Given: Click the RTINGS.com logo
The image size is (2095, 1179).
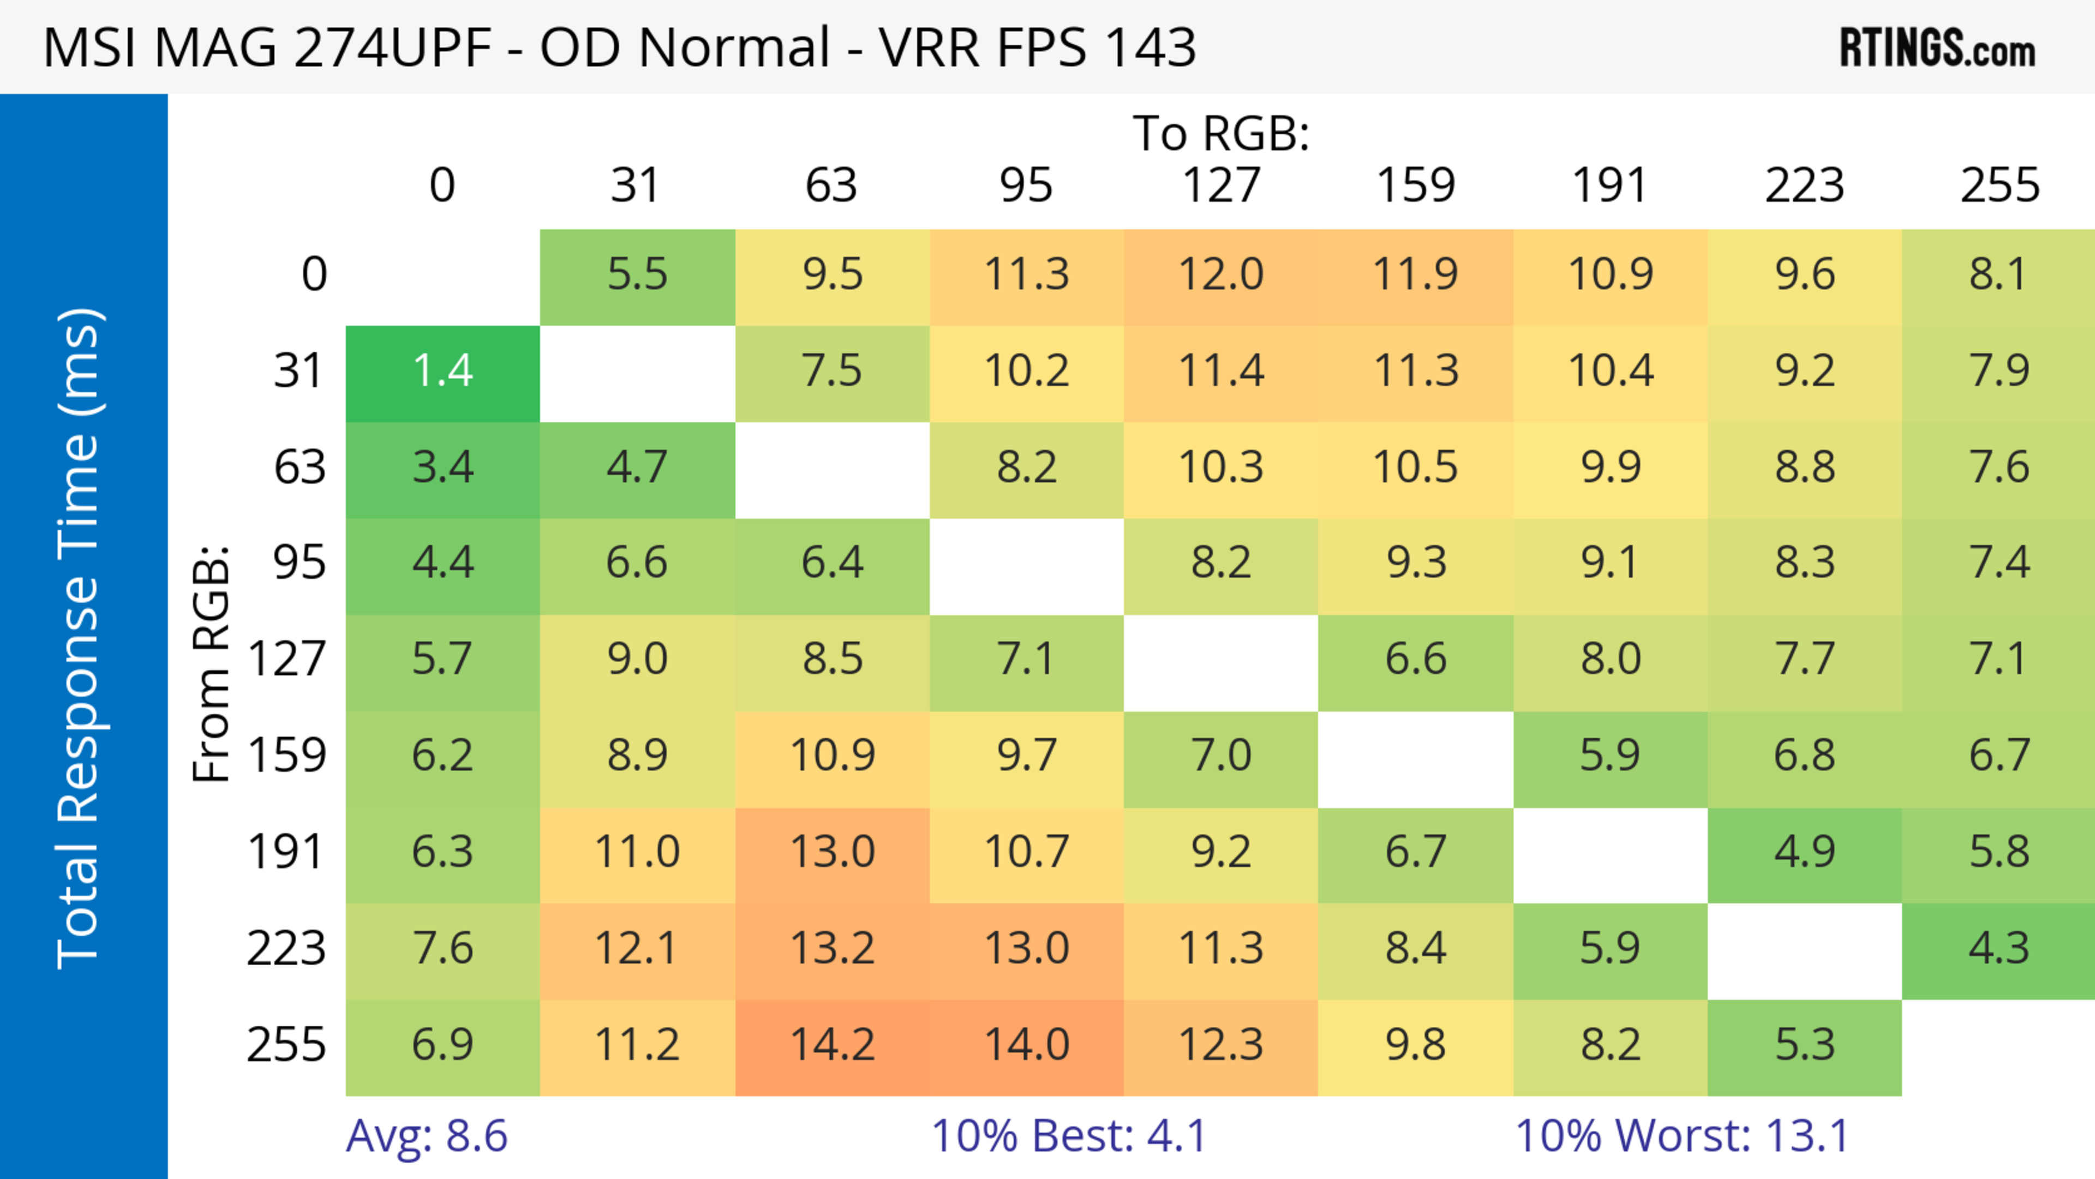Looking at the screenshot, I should click(1937, 48).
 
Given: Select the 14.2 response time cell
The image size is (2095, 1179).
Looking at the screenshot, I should click(832, 1046).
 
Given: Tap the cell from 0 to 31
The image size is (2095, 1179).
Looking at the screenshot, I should click(637, 276).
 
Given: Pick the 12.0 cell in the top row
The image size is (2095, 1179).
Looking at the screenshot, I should click(1221, 276).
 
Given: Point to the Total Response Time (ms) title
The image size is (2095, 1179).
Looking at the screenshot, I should click(80, 638).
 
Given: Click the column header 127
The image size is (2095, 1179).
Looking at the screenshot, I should click(1221, 185).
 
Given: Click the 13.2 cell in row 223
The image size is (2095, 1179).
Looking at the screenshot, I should click(832, 949).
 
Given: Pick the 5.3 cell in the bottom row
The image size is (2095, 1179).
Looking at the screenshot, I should click(1805, 1046).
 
